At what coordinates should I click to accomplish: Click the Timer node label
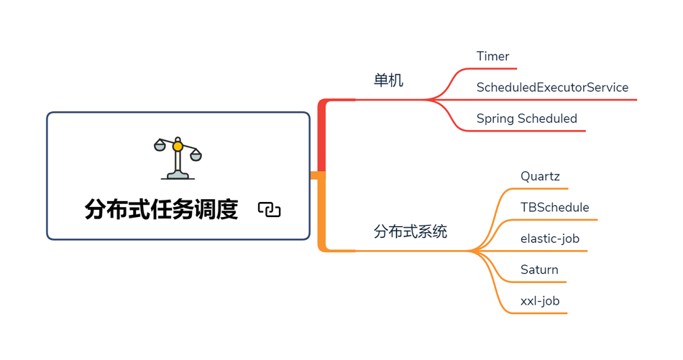tap(492, 56)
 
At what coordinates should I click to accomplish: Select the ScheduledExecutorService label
tap(552, 88)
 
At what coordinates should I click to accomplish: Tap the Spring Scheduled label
tap(526, 119)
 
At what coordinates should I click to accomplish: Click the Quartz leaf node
tap(540, 177)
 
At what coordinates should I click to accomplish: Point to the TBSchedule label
tap(554, 208)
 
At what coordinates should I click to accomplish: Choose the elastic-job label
tap(549, 239)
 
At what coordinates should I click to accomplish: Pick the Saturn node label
tap(539, 270)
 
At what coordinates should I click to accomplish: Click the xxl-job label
tap(540, 301)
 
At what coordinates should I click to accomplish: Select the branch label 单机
tap(388, 80)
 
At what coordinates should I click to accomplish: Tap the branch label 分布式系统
tap(411, 231)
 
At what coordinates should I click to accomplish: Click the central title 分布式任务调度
tap(161, 209)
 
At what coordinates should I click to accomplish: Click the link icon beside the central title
tap(270, 210)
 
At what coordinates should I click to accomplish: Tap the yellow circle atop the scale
tap(178, 147)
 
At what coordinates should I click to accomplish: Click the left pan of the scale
tap(160, 147)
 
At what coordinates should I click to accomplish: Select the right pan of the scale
tap(196, 155)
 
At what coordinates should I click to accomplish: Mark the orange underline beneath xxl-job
tap(544, 313)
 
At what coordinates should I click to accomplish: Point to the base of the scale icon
tap(178, 175)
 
